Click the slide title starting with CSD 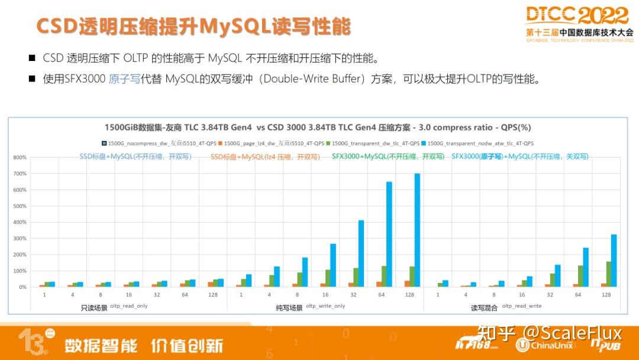193,27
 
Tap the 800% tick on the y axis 20,157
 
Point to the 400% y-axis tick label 20,222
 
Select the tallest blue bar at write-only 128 417,231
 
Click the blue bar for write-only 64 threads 389,234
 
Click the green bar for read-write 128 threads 608,274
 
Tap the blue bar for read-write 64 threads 586,267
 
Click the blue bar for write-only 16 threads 333,265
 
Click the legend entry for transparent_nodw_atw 480,143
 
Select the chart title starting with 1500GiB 318,127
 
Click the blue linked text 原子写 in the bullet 124,79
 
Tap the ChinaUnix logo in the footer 544,345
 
